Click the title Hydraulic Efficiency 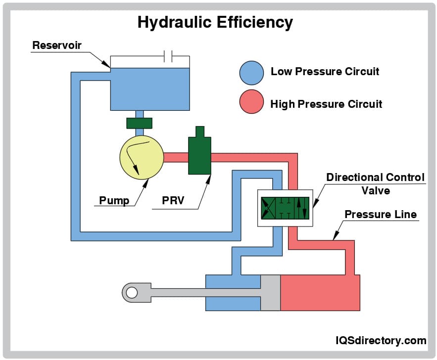215,22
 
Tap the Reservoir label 56,45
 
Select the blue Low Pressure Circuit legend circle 251,73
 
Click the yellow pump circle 142,158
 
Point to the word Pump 114,200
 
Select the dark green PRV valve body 199,156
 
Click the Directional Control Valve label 375,183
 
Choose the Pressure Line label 381,215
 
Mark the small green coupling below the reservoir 139,123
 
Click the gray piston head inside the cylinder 270,292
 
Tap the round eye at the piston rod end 131,293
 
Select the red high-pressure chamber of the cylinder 320,292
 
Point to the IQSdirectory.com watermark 381,340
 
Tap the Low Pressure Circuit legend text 325,72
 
